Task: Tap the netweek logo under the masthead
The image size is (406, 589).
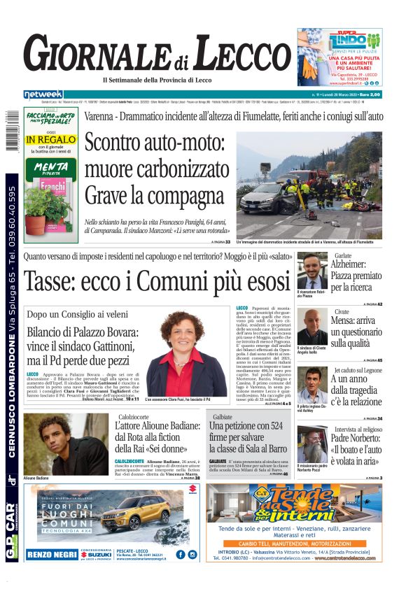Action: (x=43, y=94)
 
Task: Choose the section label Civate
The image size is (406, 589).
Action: (x=342, y=311)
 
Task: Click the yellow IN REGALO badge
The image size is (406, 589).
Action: (x=51, y=139)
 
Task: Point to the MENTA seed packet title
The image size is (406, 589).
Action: (x=50, y=167)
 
